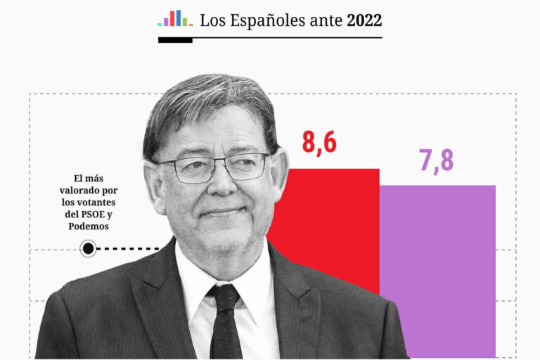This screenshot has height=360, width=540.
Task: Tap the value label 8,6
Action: point(319,142)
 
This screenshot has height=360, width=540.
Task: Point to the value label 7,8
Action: point(437,160)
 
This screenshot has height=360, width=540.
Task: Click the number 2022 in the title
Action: point(364,20)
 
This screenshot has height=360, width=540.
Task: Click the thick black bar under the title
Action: point(175,40)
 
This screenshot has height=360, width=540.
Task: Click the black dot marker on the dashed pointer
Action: point(88,248)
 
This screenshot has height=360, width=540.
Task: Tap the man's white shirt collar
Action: point(204,278)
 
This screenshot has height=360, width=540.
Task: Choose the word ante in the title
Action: point(326,21)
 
